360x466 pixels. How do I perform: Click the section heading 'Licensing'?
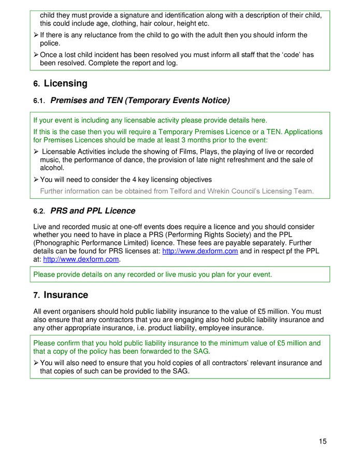[65, 83]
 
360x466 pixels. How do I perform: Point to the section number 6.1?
[39, 100]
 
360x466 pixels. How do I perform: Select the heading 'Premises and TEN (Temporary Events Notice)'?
[140, 100]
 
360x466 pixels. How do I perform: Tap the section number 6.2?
[39, 211]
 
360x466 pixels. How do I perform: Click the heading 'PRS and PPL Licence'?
[93, 211]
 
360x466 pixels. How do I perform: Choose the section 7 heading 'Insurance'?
[65, 295]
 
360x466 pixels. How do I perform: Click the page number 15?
[322, 442]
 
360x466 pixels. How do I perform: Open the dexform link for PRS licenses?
[200, 251]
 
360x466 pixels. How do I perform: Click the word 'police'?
[50, 43]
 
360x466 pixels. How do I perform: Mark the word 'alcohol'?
[52, 168]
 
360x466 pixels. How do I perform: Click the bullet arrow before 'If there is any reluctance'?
[36, 35]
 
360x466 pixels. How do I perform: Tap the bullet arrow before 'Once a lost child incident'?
[36, 55]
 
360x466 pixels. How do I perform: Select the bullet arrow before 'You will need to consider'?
[36, 180]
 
